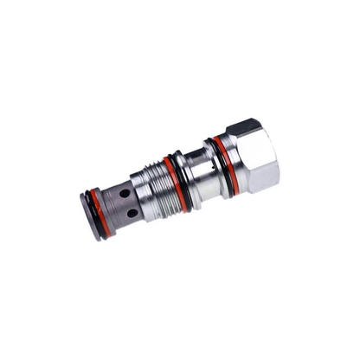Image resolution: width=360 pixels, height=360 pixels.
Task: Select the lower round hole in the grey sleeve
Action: coord(132,212)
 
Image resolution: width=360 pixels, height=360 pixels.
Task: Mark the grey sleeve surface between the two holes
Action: coord(127,203)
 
